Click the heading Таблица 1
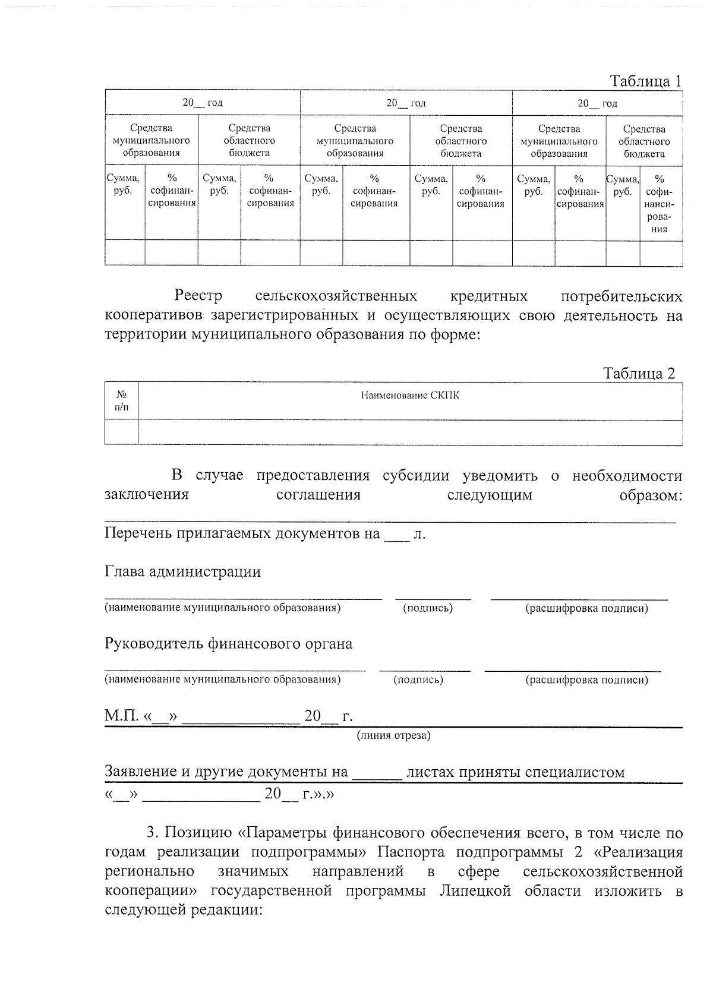(645, 81)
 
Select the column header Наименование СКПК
(410, 396)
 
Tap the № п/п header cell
(121, 401)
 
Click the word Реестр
(198, 296)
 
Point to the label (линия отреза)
(393, 736)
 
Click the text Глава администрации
(182, 572)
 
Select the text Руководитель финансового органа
(228, 644)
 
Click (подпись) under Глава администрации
(428, 608)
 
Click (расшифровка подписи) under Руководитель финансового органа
(586, 680)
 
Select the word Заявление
(140, 772)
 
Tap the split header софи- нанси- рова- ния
(658, 204)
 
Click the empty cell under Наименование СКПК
(410, 432)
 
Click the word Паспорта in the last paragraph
(412, 852)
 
